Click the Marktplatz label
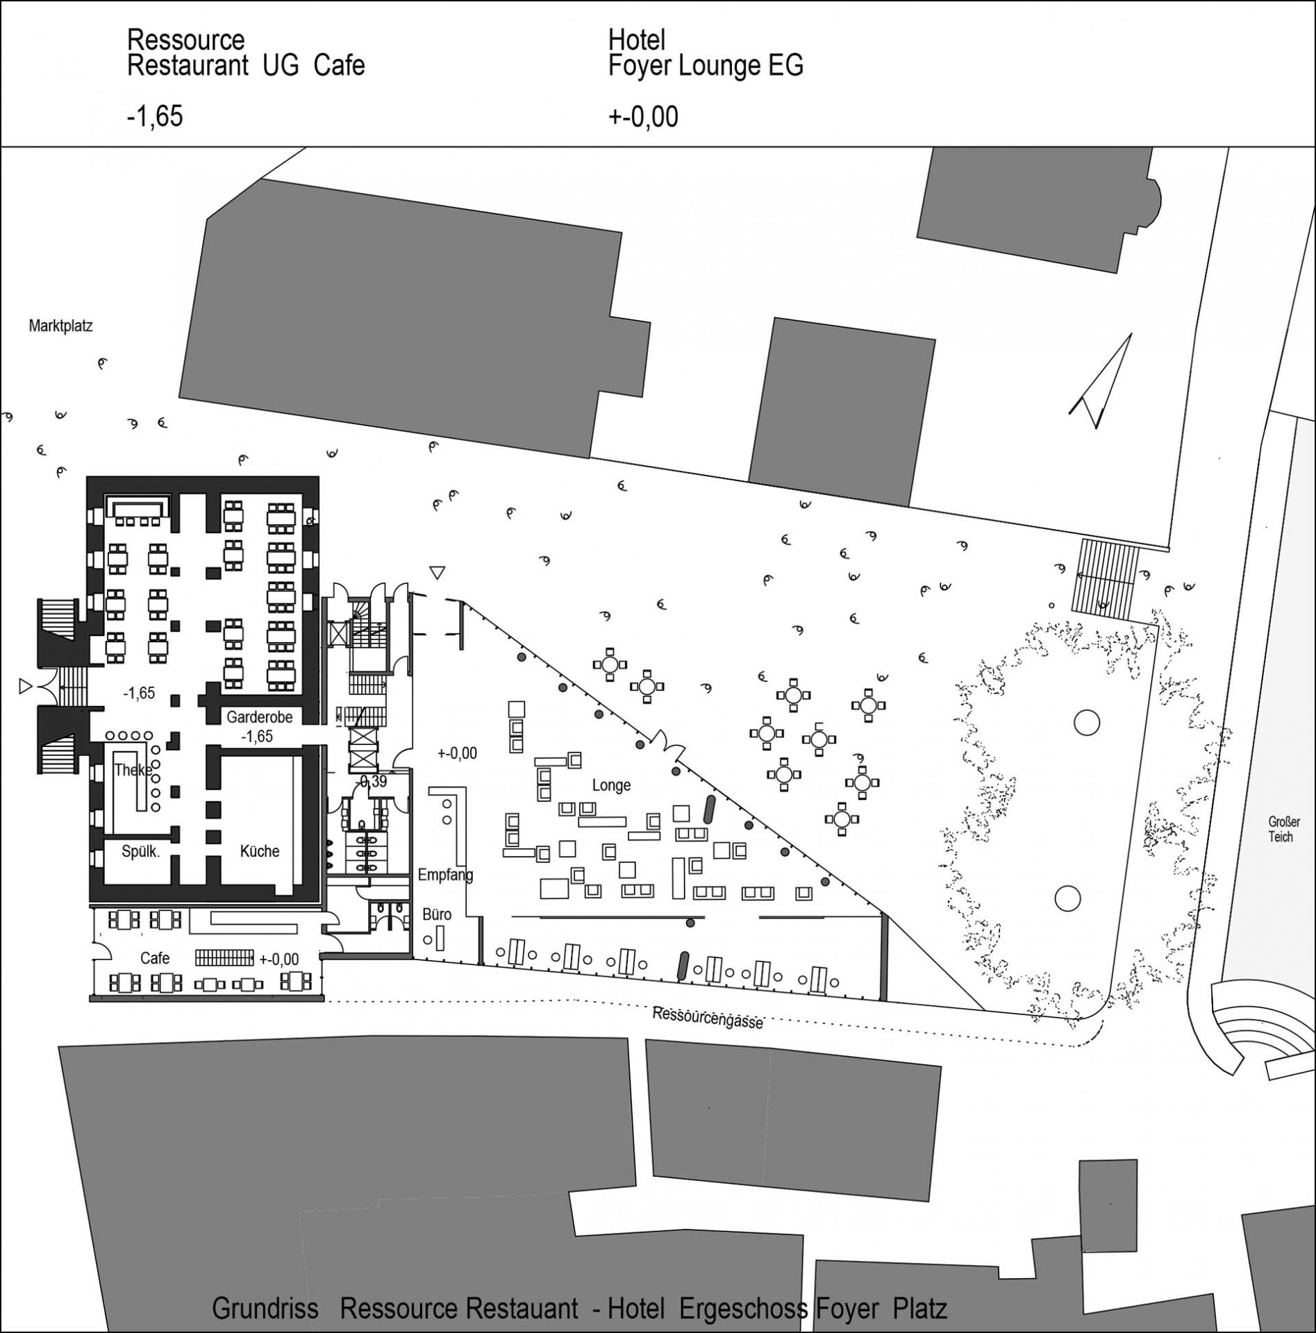point(60,325)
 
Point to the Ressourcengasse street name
point(708,1018)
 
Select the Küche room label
point(260,851)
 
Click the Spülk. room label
point(141,852)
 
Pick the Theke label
point(133,770)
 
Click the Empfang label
point(445,875)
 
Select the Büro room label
point(437,915)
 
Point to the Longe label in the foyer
point(611,785)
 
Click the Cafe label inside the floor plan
point(155,958)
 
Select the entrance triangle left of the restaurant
point(25,687)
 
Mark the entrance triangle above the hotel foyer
point(436,573)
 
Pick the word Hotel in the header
point(637,40)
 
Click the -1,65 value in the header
point(155,116)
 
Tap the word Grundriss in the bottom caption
point(265,1309)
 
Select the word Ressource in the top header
point(185,40)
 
